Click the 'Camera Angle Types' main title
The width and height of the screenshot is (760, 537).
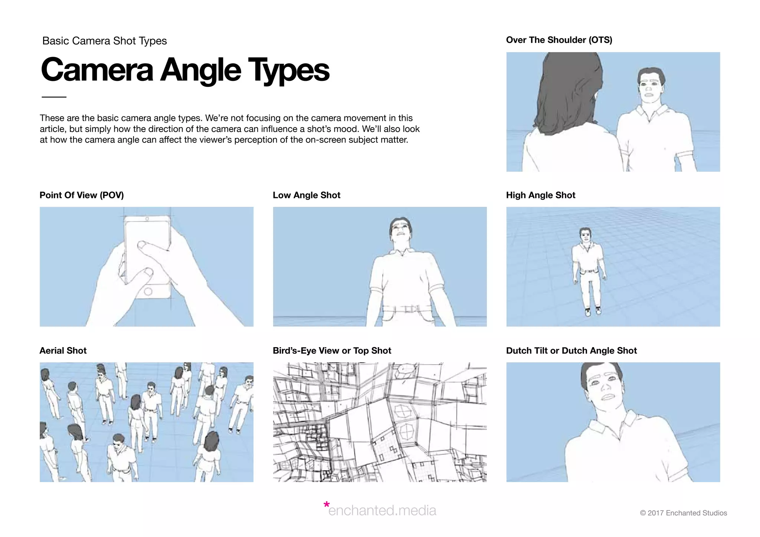(x=185, y=70)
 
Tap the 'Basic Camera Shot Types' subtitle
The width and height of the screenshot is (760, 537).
(x=104, y=41)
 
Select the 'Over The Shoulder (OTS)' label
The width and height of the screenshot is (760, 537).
(x=559, y=40)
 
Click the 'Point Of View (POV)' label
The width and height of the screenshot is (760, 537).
(x=82, y=195)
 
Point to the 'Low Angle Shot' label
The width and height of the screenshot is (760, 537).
(x=306, y=195)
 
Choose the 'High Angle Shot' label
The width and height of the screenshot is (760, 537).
(x=540, y=195)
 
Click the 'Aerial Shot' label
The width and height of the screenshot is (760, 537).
(x=63, y=350)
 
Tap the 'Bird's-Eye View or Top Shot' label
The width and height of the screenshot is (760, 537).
(x=332, y=350)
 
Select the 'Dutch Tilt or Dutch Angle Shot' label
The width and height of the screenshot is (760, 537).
(x=571, y=350)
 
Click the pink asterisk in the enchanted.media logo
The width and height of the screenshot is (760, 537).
(x=326, y=505)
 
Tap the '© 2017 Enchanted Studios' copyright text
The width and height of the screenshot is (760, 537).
(x=683, y=513)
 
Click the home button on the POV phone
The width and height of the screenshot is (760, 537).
(x=148, y=291)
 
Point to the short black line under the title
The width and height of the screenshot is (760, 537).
(x=54, y=97)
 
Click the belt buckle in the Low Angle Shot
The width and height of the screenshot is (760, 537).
(x=410, y=309)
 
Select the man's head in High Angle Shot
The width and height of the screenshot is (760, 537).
(x=585, y=234)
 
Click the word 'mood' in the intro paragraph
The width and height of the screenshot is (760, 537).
(x=347, y=129)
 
